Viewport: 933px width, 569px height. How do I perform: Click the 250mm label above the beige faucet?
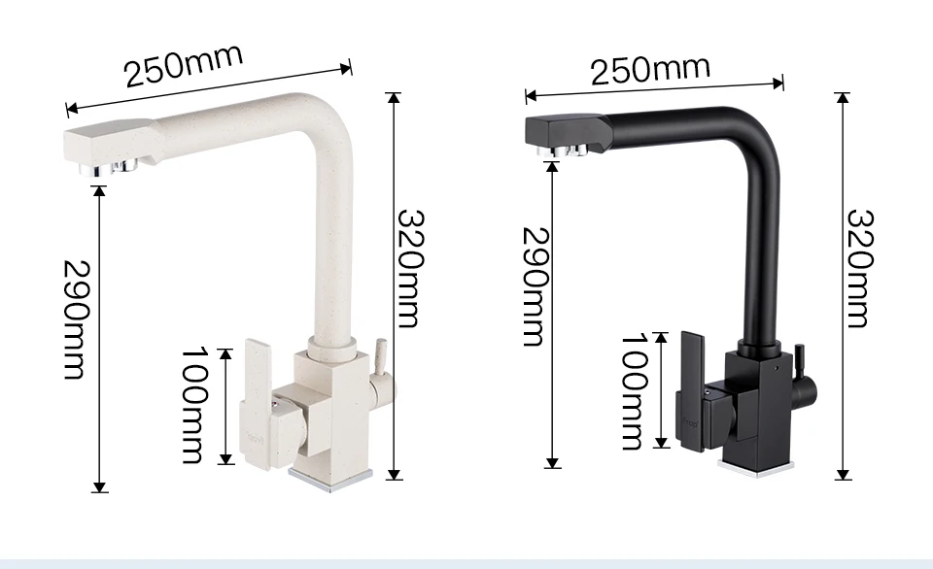(x=184, y=64)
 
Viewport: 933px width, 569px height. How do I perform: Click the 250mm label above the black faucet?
(x=650, y=70)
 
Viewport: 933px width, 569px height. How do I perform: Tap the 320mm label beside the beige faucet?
(x=410, y=268)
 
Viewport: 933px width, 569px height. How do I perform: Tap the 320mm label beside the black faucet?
(x=860, y=268)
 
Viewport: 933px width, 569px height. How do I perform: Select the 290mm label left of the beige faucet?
(x=77, y=319)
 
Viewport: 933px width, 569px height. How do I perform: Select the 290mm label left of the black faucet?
(x=535, y=286)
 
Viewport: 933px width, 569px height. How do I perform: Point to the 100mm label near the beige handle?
(x=194, y=405)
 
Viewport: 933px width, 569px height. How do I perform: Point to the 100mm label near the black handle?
(x=635, y=391)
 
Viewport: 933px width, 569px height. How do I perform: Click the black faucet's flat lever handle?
(x=691, y=390)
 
